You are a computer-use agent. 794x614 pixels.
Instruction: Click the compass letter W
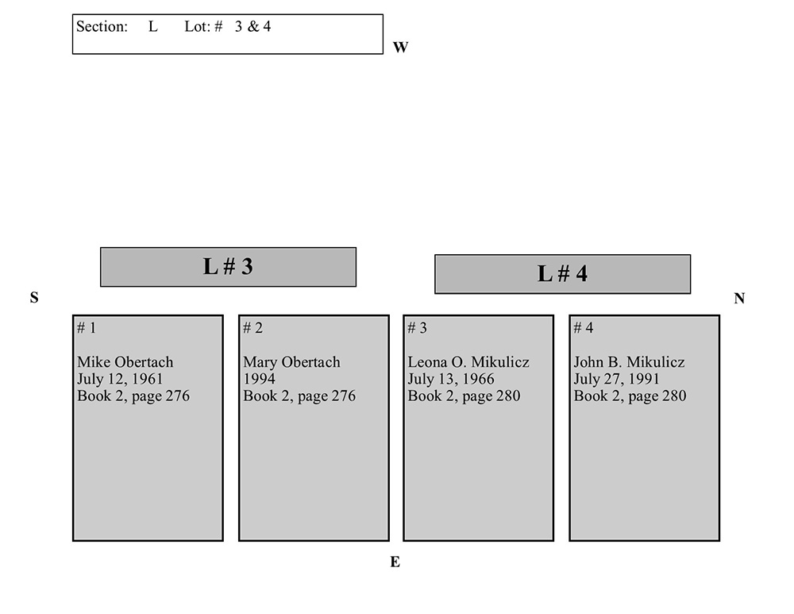(x=400, y=48)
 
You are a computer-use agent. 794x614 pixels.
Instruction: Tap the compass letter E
(x=395, y=562)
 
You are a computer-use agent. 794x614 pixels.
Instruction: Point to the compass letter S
(x=34, y=298)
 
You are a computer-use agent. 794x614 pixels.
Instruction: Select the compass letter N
(x=739, y=299)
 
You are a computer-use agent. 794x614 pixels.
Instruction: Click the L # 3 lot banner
(x=228, y=267)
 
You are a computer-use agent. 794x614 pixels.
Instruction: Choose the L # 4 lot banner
(x=562, y=274)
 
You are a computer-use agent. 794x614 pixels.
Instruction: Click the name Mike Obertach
(x=125, y=362)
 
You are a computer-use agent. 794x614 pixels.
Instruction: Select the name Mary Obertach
(x=291, y=362)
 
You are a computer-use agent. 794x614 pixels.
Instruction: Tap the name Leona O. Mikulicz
(x=468, y=362)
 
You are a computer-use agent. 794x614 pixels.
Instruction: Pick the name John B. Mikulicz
(x=629, y=362)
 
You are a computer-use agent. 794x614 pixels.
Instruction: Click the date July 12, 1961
(x=120, y=379)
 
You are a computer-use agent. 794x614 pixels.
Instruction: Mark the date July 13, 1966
(x=451, y=379)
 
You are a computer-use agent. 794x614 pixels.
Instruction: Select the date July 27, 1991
(x=617, y=379)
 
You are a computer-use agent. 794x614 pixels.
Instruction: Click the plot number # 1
(x=87, y=328)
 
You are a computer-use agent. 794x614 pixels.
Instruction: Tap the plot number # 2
(x=252, y=328)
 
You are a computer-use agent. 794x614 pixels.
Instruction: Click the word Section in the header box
(x=101, y=26)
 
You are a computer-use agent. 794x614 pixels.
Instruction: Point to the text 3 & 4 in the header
(x=253, y=26)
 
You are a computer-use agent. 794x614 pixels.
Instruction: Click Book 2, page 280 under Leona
(x=464, y=396)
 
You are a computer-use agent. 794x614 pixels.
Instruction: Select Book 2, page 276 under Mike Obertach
(x=133, y=396)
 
